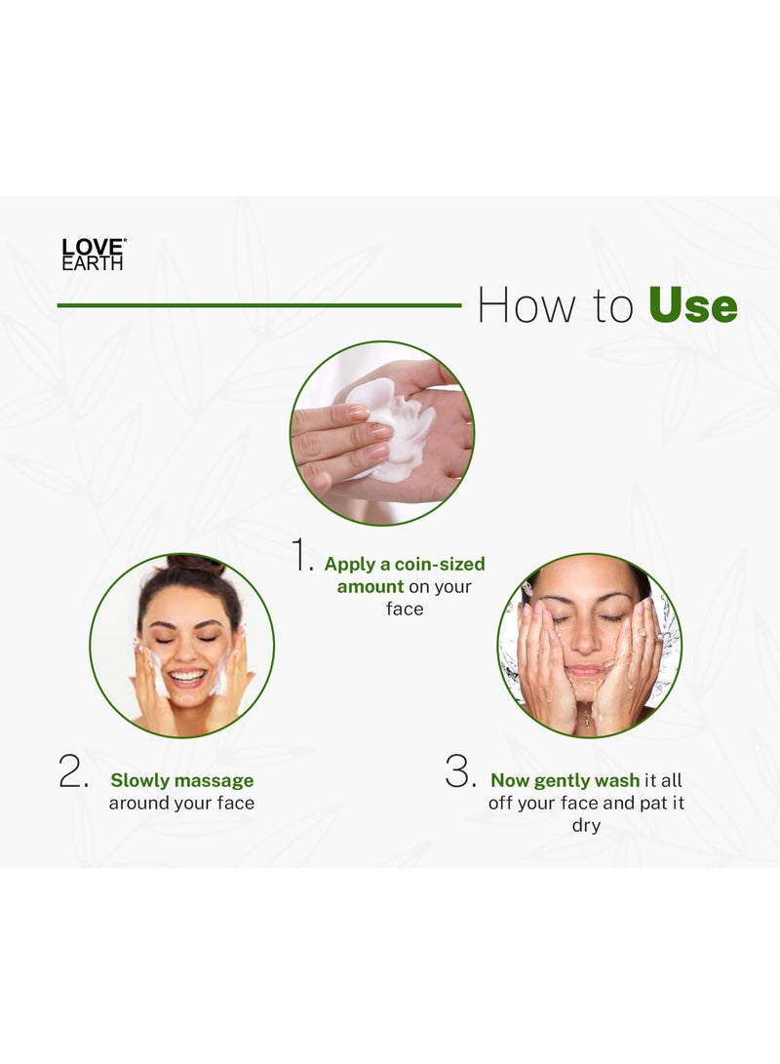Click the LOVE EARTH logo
click(94, 254)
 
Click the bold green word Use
click(692, 306)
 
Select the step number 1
click(302, 555)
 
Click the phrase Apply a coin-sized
click(405, 564)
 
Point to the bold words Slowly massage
click(181, 780)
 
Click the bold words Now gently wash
click(565, 780)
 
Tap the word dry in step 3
click(586, 825)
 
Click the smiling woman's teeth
click(187, 674)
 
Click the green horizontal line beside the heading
click(258, 305)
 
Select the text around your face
click(181, 803)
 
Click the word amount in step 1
click(370, 586)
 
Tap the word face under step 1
click(405, 609)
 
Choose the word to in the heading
click(610, 306)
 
